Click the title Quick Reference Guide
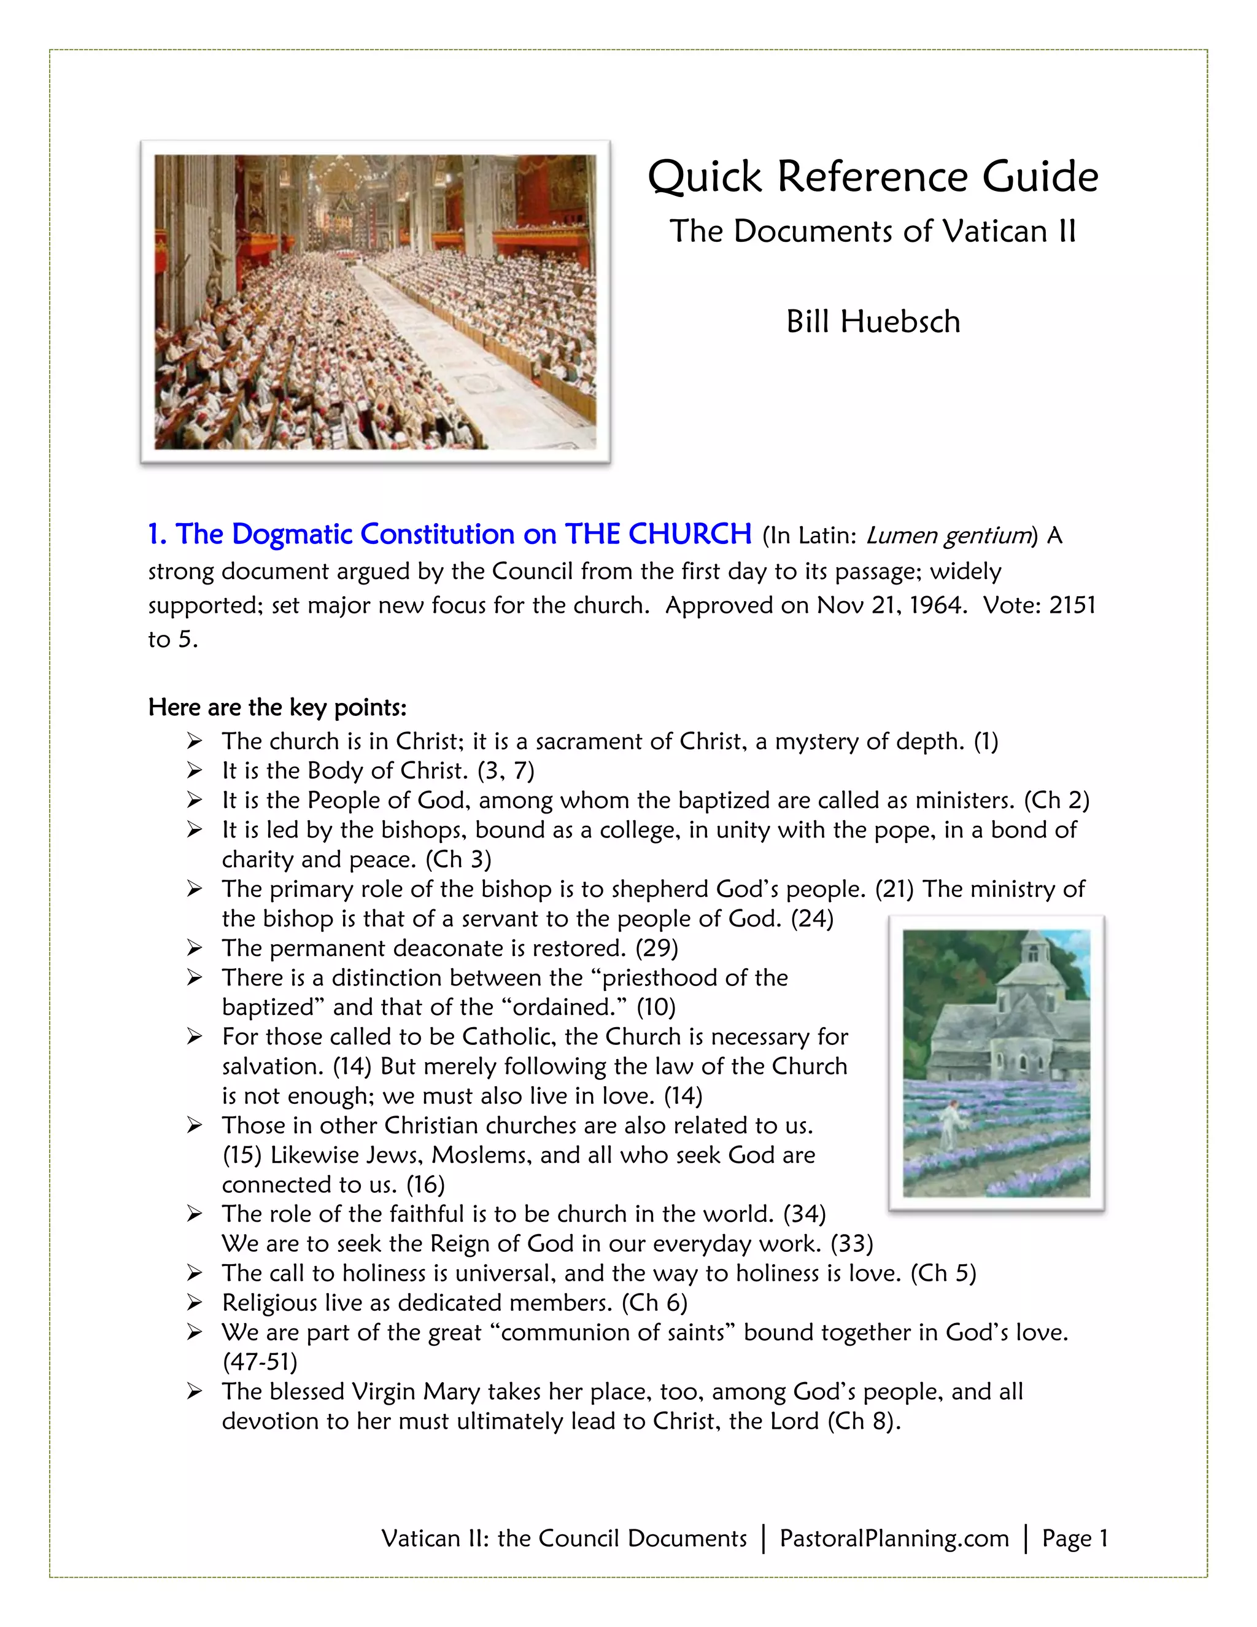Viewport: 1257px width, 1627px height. coord(873,177)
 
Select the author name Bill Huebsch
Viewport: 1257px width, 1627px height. coord(873,322)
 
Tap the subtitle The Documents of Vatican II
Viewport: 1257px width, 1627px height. coord(873,231)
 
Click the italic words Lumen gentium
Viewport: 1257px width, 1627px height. coord(948,535)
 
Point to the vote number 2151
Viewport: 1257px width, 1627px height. coord(1072,605)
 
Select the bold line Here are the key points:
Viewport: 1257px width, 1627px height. coord(277,707)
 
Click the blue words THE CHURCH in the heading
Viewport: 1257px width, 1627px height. coord(659,534)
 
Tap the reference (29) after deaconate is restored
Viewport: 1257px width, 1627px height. coord(656,949)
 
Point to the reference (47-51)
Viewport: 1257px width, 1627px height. coord(260,1362)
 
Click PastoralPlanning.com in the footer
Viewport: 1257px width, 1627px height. coord(894,1539)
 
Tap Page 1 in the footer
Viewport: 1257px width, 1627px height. coord(1075,1539)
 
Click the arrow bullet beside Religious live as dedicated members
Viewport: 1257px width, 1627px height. coord(195,1303)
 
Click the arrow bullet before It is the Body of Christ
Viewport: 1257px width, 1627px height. coord(195,771)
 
